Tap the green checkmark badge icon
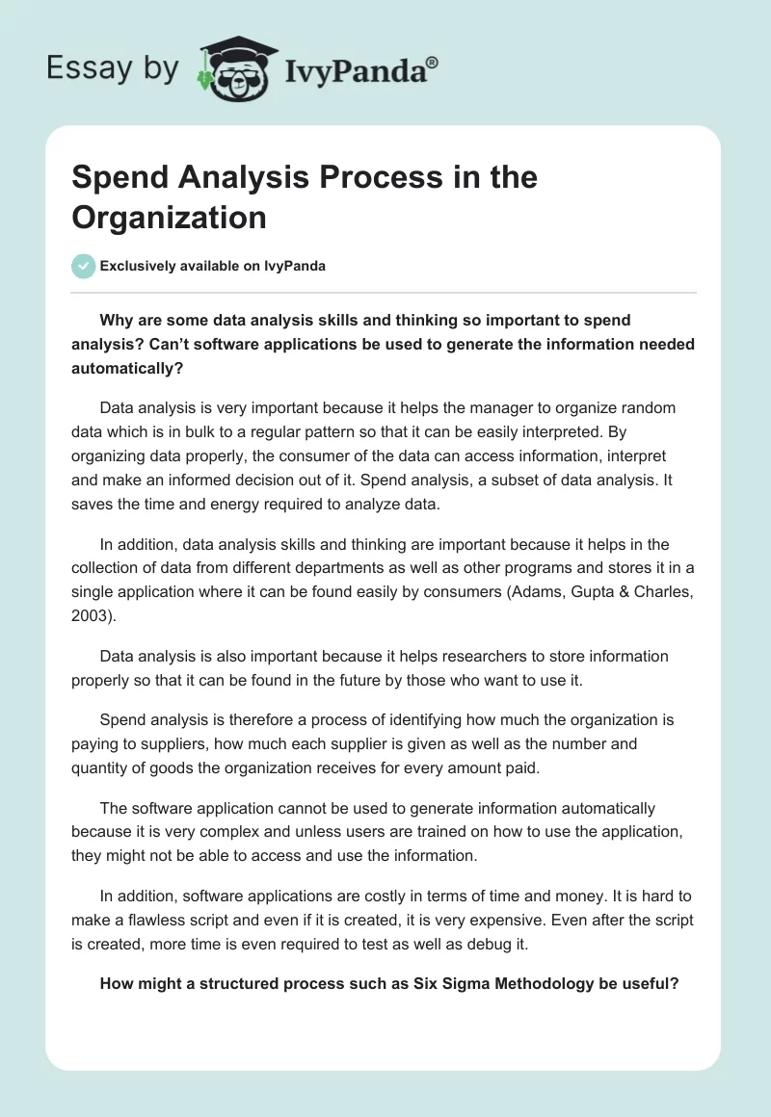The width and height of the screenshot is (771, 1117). click(84, 266)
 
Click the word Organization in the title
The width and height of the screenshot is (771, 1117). click(169, 217)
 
